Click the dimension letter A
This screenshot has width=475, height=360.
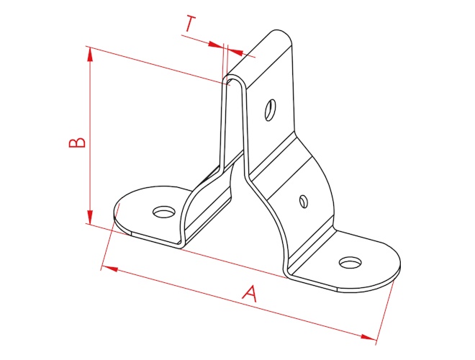coord(250,293)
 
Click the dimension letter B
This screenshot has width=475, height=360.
coord(77,143)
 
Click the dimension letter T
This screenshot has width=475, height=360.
coord(190,24)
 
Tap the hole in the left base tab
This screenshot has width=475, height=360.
coord(165,212)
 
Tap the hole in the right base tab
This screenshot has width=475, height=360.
coord(350,262)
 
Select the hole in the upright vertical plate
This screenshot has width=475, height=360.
coord(270,110)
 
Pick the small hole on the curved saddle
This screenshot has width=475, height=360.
coord(304,201)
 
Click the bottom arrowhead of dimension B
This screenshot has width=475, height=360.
coord(90,217)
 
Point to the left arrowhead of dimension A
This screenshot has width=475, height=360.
coord(109,268)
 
